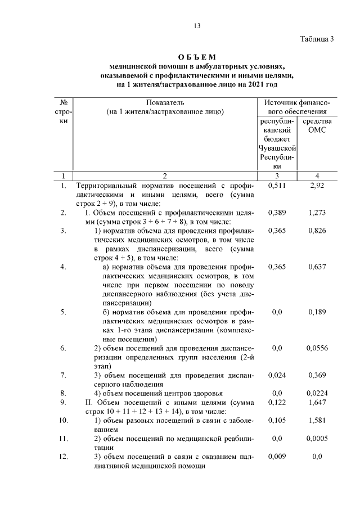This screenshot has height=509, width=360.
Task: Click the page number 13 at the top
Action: point(197,25)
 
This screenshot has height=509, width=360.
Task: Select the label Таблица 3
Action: point(317,39)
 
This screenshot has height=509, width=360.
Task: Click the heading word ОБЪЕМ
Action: point(197,57)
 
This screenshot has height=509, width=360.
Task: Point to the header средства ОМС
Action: point(317,125)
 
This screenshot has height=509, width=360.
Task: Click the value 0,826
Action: point(317,230)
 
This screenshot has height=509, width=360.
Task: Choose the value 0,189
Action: point(317,312)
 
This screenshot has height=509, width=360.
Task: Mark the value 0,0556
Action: point(317,348)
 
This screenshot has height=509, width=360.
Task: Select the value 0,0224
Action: point(317,393)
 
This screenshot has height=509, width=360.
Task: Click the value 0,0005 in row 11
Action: point(317,438)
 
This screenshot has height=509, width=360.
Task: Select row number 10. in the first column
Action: point(64,420)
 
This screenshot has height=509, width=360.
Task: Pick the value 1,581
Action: point(317,420)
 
